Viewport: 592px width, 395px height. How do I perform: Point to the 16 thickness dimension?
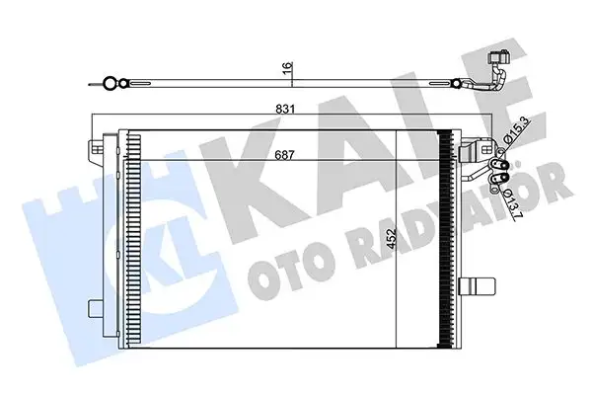pos(287,68)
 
